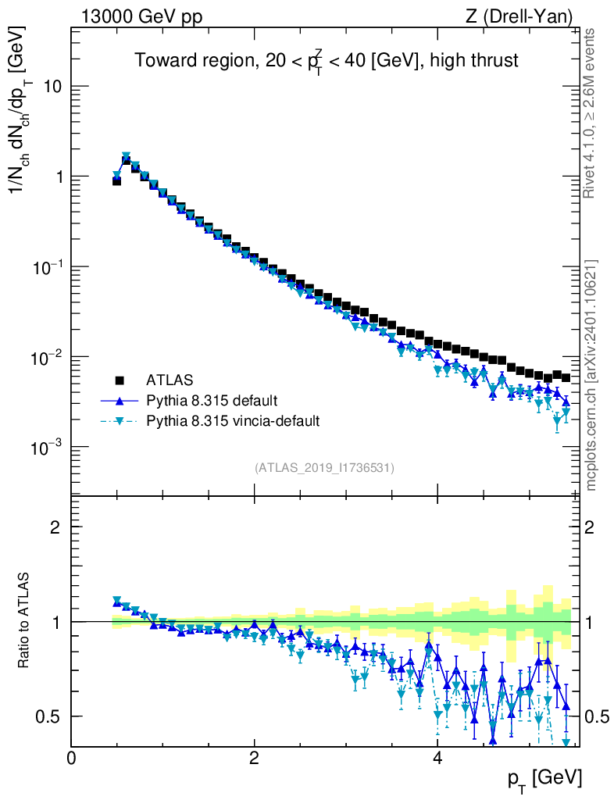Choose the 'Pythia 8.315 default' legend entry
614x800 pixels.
211,401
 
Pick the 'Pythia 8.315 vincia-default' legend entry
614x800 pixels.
233,421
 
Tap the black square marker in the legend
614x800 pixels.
120,380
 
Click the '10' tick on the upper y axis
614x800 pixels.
50,87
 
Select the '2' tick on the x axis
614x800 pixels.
254,758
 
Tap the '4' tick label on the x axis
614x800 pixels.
437,758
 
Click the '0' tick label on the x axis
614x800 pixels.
71,758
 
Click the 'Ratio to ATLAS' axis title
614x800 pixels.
25,621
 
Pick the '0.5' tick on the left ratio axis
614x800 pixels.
49,716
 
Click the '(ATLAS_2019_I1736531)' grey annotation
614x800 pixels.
324,468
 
